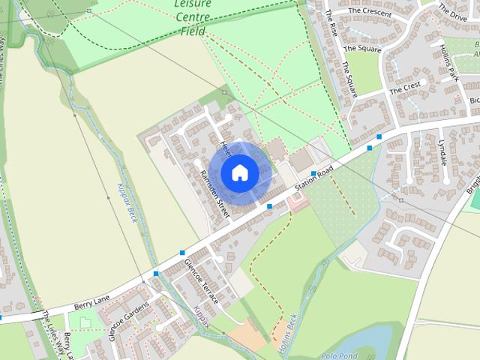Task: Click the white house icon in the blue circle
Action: click(x=238, y=172)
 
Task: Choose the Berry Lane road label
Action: click(x=91, y=302)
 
